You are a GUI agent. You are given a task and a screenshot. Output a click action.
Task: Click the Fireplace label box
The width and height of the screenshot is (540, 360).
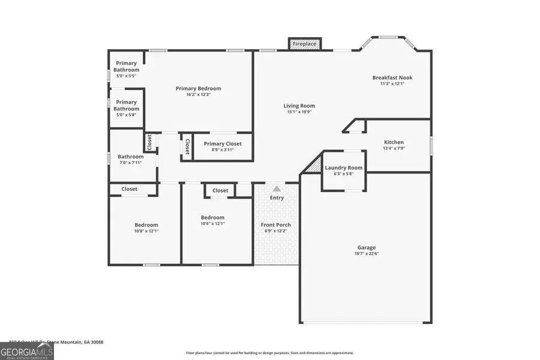click(x=305, y=44)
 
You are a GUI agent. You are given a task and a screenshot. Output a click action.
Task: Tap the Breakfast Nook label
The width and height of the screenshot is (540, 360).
click(x=392, y=77)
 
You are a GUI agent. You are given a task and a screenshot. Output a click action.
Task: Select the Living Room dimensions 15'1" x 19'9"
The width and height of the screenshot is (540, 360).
click(x=299, y=112)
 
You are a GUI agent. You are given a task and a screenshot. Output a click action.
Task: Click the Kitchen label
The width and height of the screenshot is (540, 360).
click(x=394, y=142)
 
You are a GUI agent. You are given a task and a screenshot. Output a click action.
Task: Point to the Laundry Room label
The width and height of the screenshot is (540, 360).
click(x=344, y=167)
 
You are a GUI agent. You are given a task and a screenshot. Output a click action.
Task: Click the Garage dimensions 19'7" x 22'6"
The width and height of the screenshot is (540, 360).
click(x=367, y=253)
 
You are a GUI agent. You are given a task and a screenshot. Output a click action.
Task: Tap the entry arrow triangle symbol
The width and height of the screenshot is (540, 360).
click(x=277, y=188)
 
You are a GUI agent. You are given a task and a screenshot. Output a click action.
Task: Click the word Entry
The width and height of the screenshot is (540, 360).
click(x=277, y=197)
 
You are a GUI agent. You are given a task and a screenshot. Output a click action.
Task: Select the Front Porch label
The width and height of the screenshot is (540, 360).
click(x=276, y=225)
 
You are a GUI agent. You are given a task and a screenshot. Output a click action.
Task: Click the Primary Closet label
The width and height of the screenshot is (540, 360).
click(x=223, y=143)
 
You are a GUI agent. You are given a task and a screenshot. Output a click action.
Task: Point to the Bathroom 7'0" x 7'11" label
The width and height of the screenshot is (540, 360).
click(x=130, y=157)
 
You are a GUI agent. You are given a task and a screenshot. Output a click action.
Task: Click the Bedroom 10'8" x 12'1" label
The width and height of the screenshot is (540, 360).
click(x=146, y=225)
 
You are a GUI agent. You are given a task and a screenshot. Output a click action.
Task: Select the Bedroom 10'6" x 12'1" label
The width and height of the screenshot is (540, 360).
click(x=212, y=218)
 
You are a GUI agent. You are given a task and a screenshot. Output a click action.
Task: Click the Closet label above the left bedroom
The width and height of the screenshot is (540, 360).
click(x=130, y=189)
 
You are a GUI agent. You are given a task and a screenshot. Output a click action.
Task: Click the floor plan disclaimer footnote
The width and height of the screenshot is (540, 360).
click(x=270, y=353)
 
